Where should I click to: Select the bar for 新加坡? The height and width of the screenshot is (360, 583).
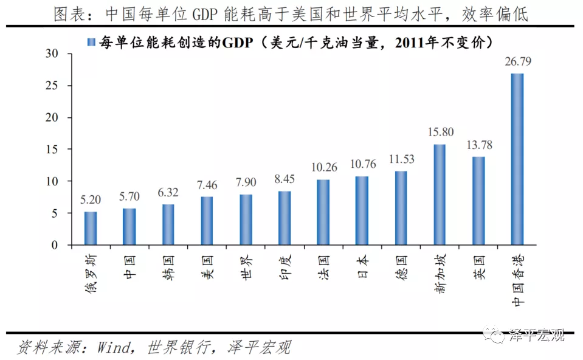(440, 195)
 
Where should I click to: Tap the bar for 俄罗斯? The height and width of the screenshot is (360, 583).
(90, 229)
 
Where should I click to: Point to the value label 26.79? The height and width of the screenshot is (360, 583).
(517, 61)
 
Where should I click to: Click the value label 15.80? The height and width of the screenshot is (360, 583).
(440, 131)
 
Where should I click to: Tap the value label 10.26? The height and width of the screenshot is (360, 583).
(323, 167)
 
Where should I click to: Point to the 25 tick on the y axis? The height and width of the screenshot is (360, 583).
(55, 86)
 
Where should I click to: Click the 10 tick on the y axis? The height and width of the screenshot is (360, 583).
(55, 181)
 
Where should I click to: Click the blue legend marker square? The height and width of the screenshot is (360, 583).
(91, 42)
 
